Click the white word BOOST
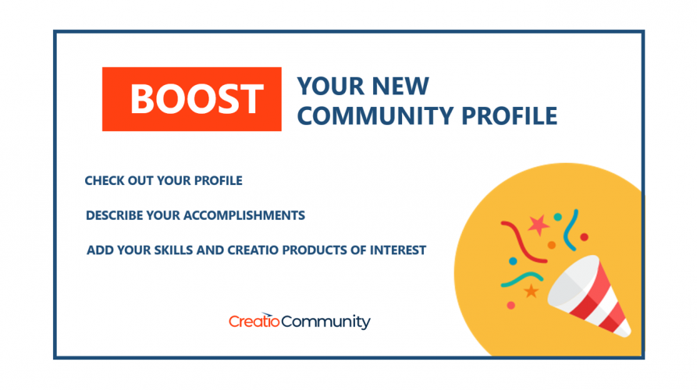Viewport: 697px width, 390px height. tap(197, 99)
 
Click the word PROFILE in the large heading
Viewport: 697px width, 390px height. tap(509, 116)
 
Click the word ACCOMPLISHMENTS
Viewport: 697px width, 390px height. tap(244, 215)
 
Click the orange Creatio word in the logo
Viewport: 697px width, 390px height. tap(254, 321)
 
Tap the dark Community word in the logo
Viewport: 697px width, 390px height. tap(325, 321)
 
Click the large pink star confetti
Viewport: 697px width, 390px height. tap(539, 225)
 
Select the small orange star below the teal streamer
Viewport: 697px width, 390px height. tap(532, 292)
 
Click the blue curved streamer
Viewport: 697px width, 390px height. tap(571, 229)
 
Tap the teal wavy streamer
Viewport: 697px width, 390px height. tap(522, 278)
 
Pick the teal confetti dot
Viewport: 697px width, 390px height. tap(557, 217)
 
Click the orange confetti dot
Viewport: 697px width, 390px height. tap(552, 245)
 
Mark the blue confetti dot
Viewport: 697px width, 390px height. tap(513, 261)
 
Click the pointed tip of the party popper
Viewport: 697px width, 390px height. tap(627, 333)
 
